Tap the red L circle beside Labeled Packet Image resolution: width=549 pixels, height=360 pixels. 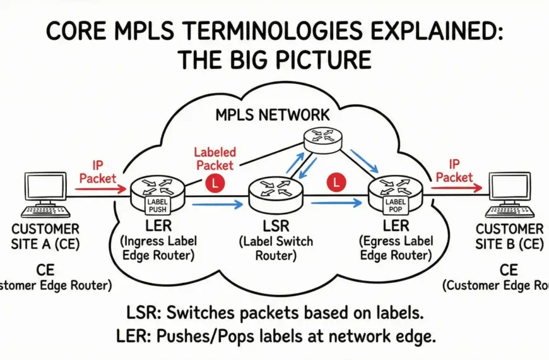213,183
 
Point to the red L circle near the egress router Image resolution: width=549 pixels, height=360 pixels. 337,183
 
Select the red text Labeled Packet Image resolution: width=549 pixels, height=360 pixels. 215,158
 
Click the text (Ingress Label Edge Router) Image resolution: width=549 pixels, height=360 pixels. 156,248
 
